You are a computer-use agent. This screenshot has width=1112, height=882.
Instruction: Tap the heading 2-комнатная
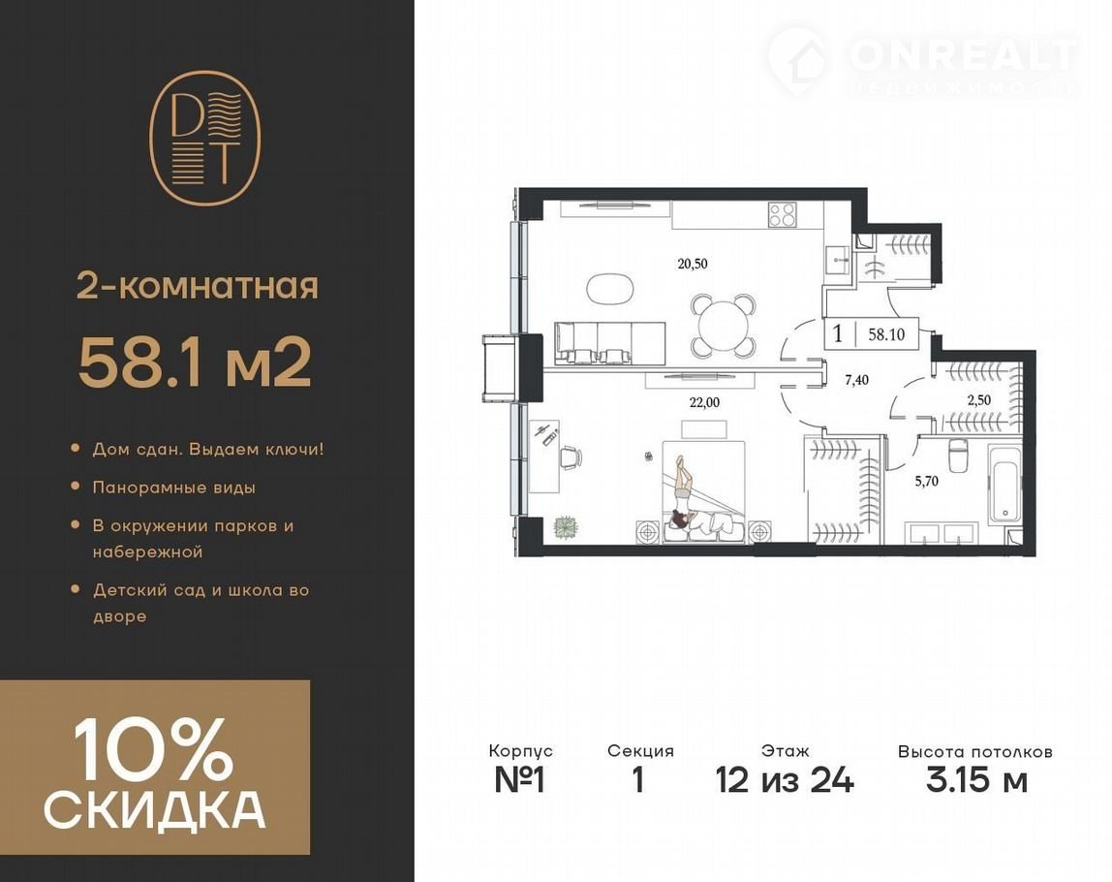[198, 288]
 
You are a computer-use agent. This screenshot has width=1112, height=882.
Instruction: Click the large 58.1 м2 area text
[195, 362]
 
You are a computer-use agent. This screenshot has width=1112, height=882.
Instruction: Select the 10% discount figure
[153, 748]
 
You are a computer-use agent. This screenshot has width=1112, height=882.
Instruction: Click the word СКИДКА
[155, 809]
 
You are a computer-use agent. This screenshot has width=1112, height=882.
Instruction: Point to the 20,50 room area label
[693, 264]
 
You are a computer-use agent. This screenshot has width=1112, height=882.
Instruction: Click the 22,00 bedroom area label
[704, 402]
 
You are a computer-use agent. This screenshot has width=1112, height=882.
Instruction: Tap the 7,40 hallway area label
[856, 380]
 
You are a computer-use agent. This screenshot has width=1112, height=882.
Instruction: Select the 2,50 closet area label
[978, 400]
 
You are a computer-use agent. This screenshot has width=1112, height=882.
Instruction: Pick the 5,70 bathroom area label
[926, 481]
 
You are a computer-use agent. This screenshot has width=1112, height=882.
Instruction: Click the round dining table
[723, 327]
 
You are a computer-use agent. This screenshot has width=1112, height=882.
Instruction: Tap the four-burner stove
[783, 215]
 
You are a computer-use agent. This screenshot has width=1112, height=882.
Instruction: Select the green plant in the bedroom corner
[566, 526]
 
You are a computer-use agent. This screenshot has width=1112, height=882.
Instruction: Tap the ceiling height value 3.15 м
[976, 780]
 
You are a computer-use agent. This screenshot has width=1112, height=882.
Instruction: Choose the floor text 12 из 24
[785, 780]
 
